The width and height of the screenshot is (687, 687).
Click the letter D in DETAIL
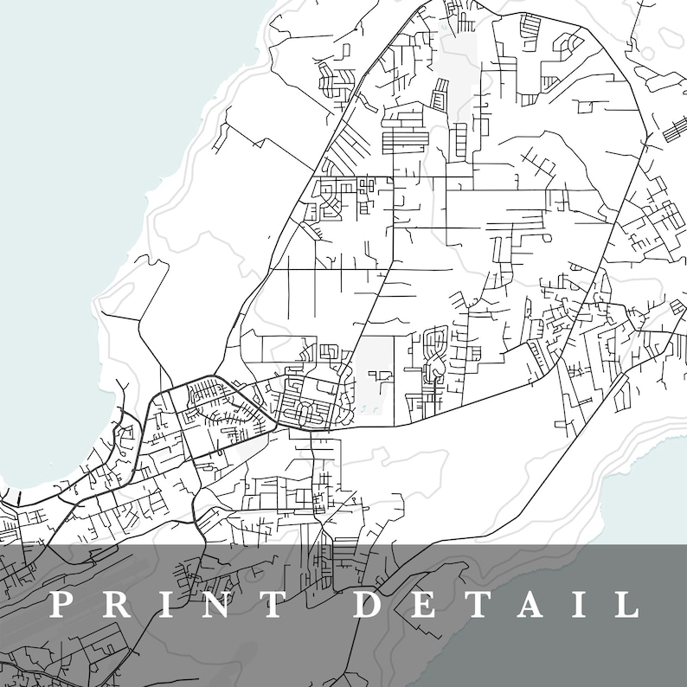(x=371, y=604)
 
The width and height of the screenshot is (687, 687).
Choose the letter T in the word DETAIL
(x=480, y=604)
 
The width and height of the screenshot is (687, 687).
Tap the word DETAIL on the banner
(x=498, y=604)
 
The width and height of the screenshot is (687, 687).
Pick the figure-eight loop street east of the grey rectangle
(x=434, y=355)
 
